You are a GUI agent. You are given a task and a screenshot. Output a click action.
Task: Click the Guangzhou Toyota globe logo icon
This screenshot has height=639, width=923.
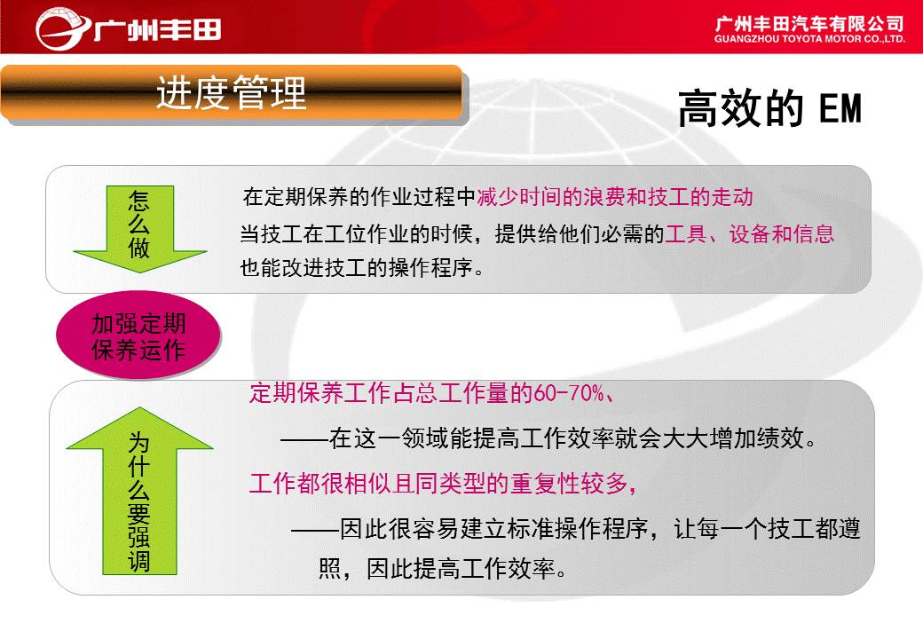point(63,28)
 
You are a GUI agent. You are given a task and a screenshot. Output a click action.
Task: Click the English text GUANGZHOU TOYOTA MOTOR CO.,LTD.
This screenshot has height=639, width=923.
point(809,39)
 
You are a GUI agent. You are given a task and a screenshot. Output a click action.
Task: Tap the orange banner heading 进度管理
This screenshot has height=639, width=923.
point(232,93)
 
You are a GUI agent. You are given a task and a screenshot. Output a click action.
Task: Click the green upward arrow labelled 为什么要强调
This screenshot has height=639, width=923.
point(140,491)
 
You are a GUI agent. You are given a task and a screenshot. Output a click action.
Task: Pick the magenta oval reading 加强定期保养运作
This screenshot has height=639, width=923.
point(138,335)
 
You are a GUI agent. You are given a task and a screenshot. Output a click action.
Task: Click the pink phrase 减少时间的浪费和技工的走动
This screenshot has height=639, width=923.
point(614,196)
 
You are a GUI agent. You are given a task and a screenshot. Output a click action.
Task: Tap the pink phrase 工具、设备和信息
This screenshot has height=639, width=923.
point(749,233)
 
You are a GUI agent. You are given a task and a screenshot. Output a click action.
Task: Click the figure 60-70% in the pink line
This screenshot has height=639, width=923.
point(569,392)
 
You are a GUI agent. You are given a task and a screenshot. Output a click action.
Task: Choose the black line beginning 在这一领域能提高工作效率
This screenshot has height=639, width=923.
point(548,438)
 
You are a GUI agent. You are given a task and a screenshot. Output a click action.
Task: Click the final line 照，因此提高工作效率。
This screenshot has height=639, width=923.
point(443,568)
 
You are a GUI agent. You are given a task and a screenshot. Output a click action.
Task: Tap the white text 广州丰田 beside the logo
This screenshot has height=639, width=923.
point(158,29)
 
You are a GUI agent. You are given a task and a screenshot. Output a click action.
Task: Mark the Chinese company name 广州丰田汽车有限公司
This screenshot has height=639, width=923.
point(809,24)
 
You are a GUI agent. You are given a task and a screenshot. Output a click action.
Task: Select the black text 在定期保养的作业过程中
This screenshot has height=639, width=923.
point(359,196)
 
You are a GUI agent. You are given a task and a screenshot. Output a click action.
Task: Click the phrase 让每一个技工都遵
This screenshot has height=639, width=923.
point(767,529)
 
